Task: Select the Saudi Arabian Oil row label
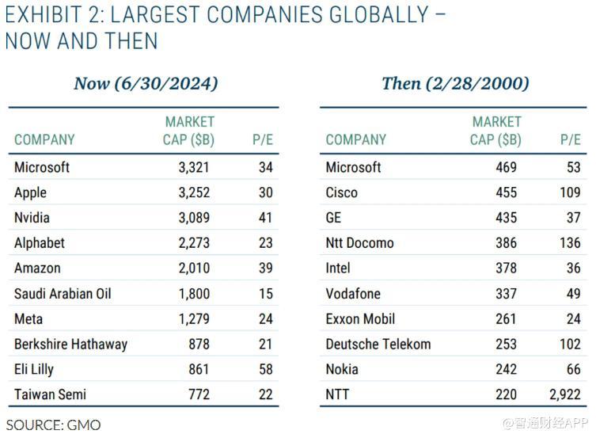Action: [63, 294]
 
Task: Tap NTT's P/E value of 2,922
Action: [564, 394]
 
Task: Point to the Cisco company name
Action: [341, 192]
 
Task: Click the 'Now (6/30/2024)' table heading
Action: [146, 83]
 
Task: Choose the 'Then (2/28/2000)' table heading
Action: [455, 83]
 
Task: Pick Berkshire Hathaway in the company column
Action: [70, 345]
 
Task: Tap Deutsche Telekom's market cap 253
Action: [506, 345]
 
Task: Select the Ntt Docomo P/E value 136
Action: [570, 243]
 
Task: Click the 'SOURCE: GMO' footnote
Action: [54, 425]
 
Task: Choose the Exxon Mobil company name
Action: [360, 319]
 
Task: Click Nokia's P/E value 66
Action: [573, 369]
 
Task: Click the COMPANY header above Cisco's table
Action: [355, 140]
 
